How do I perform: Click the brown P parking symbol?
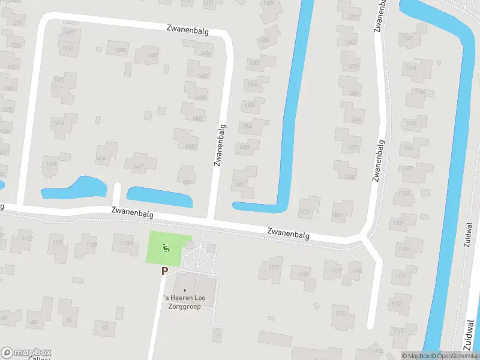[x=164, y=271]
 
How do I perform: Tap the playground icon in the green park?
[x=166, y=247]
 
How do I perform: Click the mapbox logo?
[x=26, y=353]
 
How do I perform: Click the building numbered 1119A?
[x=125, y=243]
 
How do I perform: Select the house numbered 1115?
[x=341, y=313]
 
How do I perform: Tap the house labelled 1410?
[x=68, y=48]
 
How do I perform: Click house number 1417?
[x=139, y=166]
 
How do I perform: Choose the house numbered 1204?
[x=355, y=93]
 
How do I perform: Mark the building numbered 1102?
[x=409, y=38]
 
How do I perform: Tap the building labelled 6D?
[x=106, y=327]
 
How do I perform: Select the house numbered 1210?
[x=304, y=211]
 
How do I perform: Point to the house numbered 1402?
[x=190, y=146]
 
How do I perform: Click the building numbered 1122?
[x=26, y=239]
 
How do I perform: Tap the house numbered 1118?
[x=304, y=275]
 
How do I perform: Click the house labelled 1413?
[x=59, y=123]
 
